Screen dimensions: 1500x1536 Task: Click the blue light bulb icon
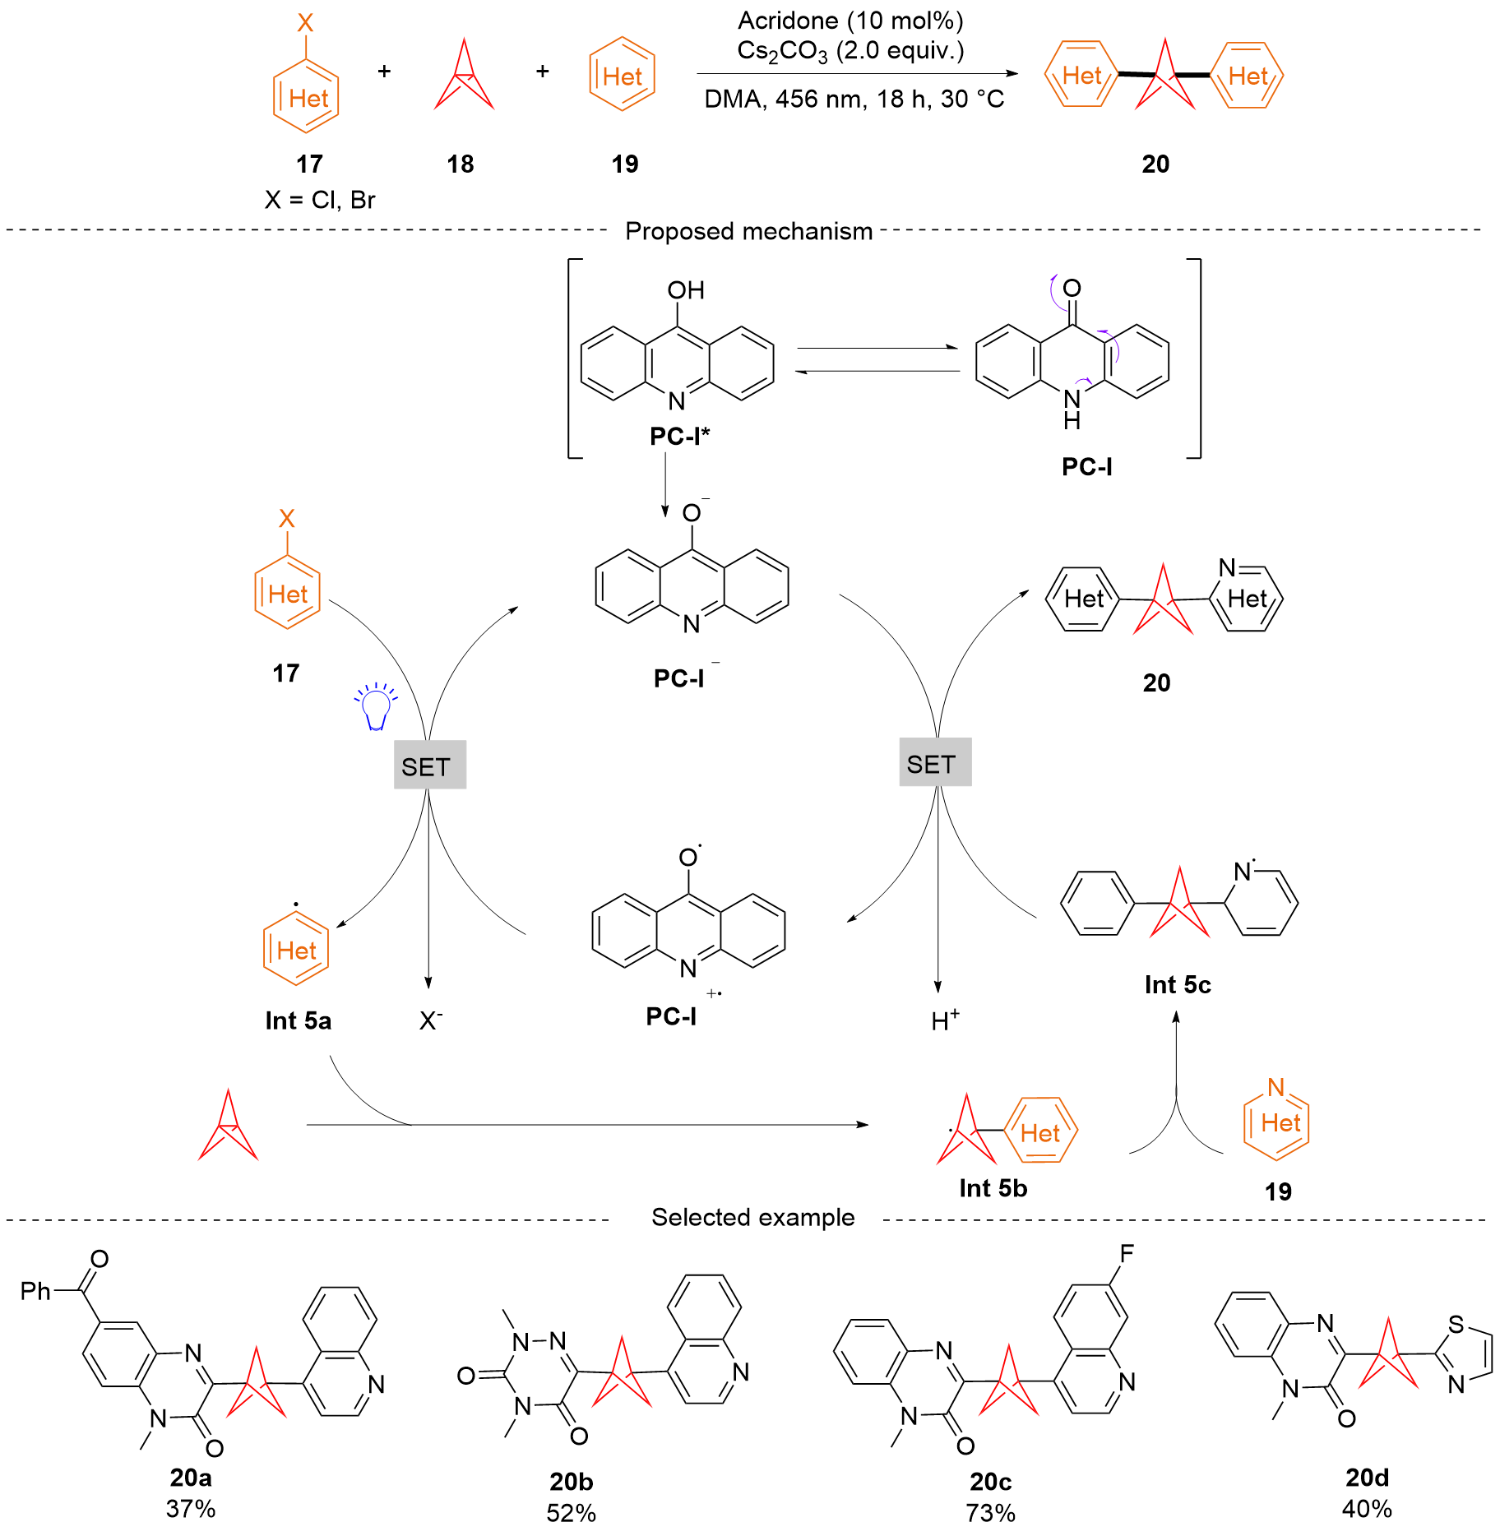(x=376, y=706)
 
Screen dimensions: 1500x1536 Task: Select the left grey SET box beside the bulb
(x=430, y=765)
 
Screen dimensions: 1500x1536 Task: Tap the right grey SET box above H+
(x=935, y=762)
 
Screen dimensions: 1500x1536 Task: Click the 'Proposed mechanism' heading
(x=748, y=231)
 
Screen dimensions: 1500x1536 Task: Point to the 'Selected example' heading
(x=752, y=1217)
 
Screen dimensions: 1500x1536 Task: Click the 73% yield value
(x=990, y=1513)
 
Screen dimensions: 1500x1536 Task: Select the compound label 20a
(x=191, y=1478)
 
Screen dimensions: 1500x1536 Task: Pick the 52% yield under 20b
(x=571, y=1513)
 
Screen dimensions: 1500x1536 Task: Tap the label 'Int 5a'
(x=298, y=1020)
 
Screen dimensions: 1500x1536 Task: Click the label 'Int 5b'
(x=993, y=1188)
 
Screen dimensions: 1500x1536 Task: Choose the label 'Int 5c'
(x=1178, y=985)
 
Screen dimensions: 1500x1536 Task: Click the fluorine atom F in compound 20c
(x=1127, y=1253)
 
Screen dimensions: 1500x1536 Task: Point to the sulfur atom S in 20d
(x=1456, y=1324)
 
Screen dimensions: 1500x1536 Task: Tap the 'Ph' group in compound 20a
(x=35, y=1291)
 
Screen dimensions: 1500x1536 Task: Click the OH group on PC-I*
(x=686, y=290)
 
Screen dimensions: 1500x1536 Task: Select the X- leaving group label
(x=431, y=1020)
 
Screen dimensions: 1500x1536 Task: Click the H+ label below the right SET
(x=945, y=1020)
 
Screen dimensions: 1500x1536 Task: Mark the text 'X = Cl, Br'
(x=320, y=200)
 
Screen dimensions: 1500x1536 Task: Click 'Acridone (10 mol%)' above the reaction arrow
(x=850, y=21)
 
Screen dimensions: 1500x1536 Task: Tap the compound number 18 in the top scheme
(x=461, y=164)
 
